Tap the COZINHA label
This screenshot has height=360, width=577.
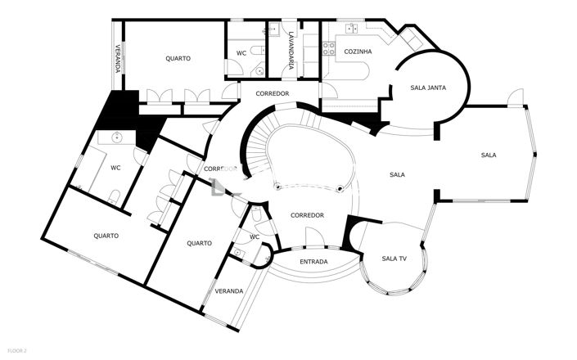[x=358, y=52]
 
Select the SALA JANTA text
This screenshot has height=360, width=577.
[x=427, y=88]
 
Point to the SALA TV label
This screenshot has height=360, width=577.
[x=394, y=259]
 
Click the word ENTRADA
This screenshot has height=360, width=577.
[x=313, y=262]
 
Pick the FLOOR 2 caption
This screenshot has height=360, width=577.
[x=14, y=351]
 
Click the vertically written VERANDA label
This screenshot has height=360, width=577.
[x=118, y=58]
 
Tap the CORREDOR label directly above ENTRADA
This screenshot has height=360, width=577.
[x=308, y=216]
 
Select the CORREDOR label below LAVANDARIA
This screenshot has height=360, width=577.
[x=273, y=94]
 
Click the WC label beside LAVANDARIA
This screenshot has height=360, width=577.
[x=241, y=53]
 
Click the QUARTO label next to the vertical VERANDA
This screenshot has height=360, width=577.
[x=178, y=58]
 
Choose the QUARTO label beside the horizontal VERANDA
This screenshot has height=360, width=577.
[x=199, y=243]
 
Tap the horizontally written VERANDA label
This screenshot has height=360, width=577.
[x=228, y=291]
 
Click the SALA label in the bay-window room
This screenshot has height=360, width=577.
[x=489, y=155]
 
